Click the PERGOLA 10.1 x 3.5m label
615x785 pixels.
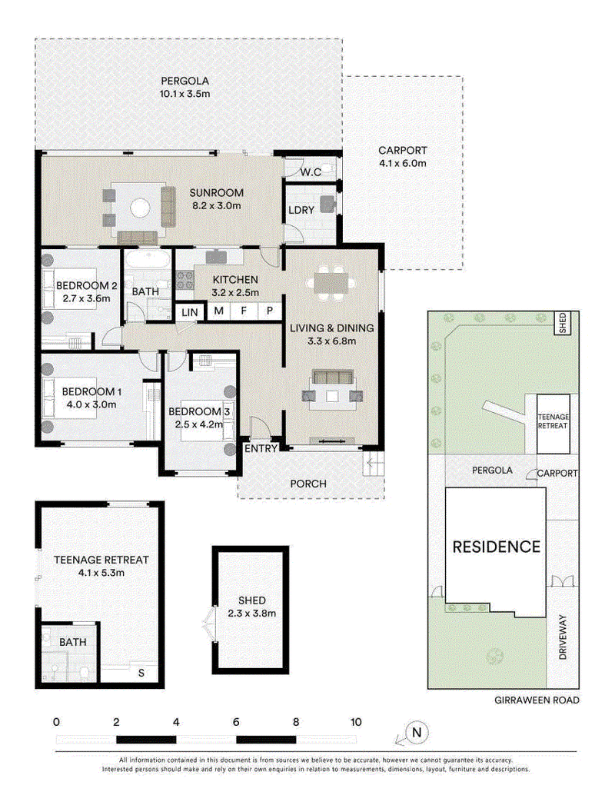click(184, 87)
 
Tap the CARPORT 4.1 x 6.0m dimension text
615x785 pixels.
click(403, 163)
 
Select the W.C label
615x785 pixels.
click(311, 172)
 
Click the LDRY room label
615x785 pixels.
click(301, 210)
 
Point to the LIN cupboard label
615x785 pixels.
click(190, 312)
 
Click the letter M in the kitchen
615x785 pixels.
click(218, 311)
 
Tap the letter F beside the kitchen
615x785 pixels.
click(244, 311)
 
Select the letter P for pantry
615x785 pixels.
click(270, 311)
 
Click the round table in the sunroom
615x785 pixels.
click(140, 208)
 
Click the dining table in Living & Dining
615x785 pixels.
click(331, 283)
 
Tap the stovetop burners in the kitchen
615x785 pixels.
click(184, 280)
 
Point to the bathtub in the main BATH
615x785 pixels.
click(148, 261)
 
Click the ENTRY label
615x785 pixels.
click(261, 448)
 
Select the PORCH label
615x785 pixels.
click(308, 484)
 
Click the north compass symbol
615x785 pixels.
click(417, 733)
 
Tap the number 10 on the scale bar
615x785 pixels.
click(356, 722)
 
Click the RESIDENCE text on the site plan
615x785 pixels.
click(497, 547)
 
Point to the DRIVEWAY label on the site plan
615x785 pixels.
click(563, 637)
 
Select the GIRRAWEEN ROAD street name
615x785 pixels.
click(537, 700)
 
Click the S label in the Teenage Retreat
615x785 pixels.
click(141, 673)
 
